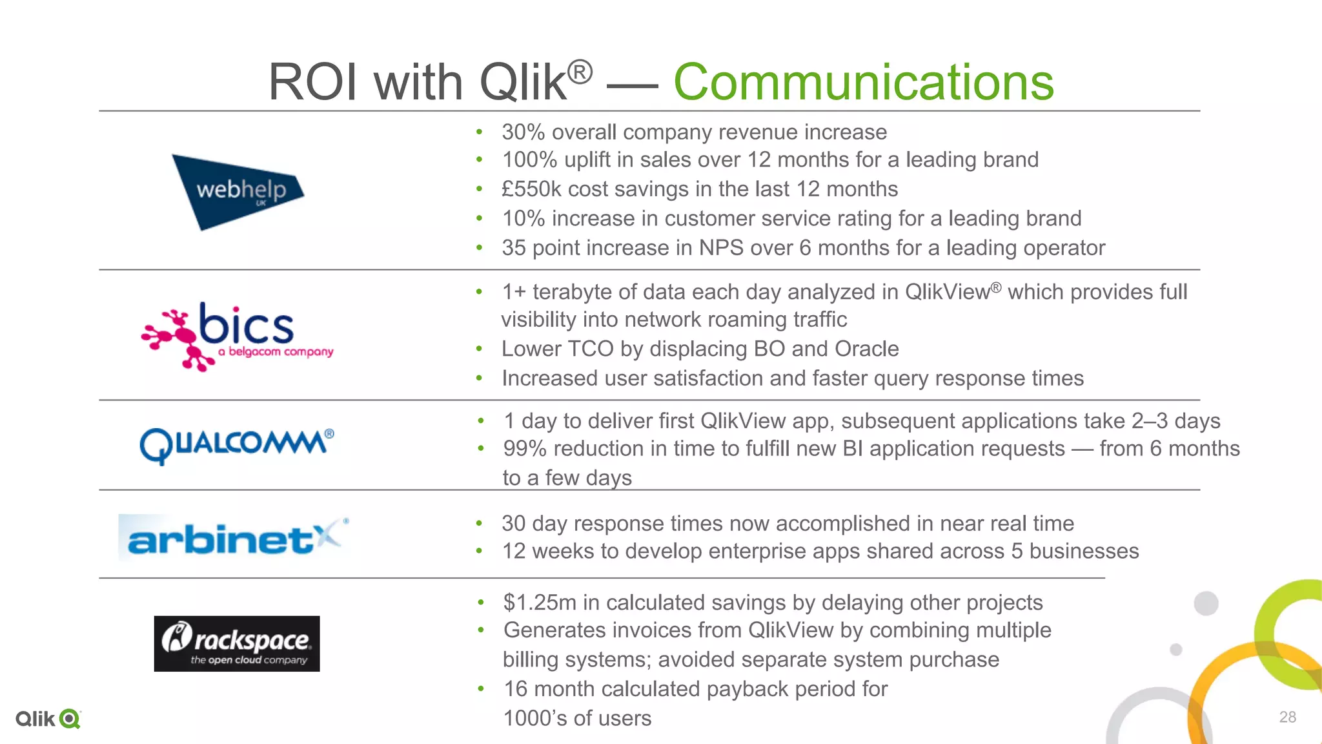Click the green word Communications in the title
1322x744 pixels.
pyautogui.click(x=863, y=83)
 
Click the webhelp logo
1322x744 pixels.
pyautogui.click(x=238, y=192)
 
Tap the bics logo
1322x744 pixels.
pyautogui.click(x=237, y=336)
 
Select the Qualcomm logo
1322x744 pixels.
pyautogui.click(x=237, y=445)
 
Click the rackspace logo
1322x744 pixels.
pyautogui.click(x=237, y=644)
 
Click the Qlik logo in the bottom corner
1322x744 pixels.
pyautogui.click(x=48, y=719)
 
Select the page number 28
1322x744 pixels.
pyautogui.click(x=1287, y=717)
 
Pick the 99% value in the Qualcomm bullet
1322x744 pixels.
pyautogui.click(x=524, y=449)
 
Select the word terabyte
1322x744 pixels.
pyautogui.click(x=572, y=292)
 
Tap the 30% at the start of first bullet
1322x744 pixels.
pyautogui.click(x=524, y=132)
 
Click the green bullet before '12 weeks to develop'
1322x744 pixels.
pyautogui.click(x=480, y=552)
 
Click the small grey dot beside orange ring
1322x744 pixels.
pyautogui.click(x=1176, y=650)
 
